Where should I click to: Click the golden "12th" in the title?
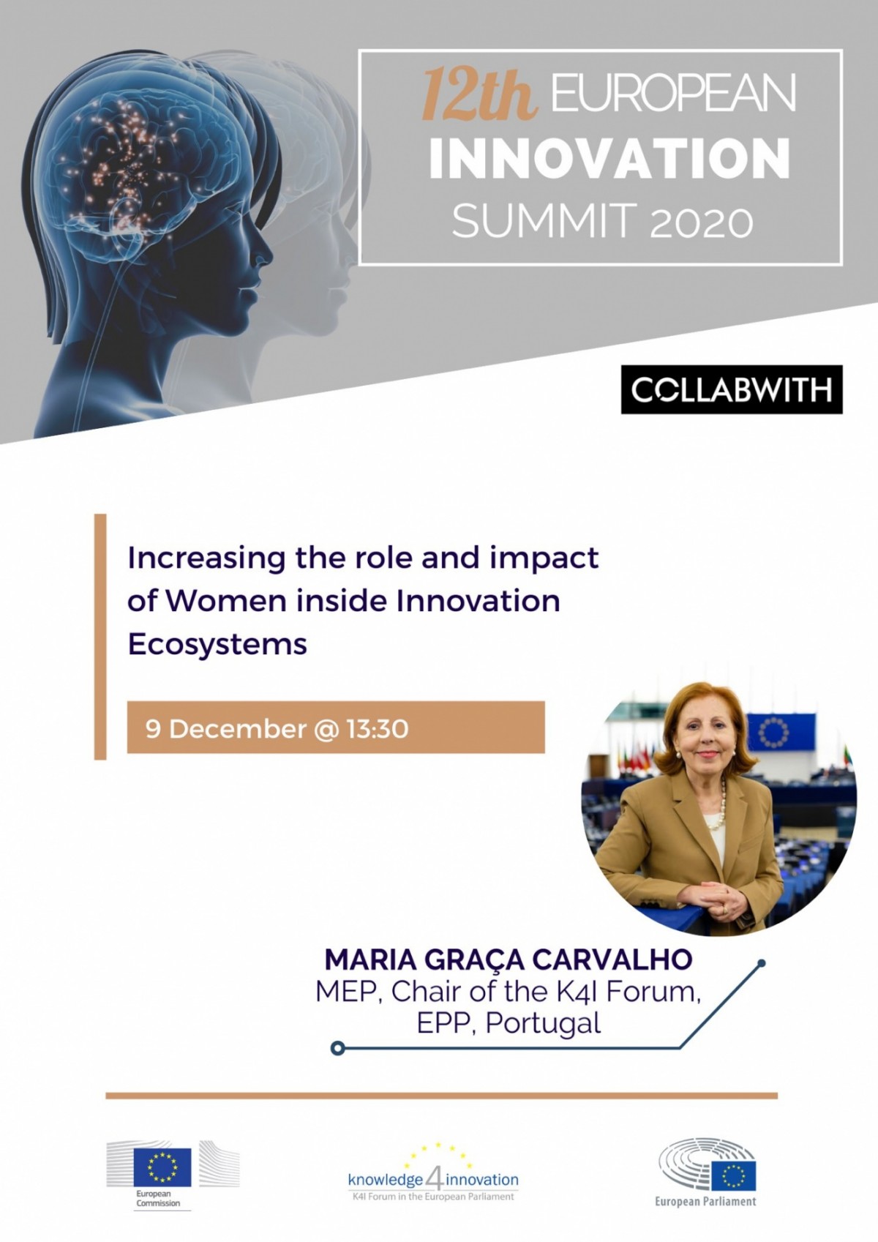point(479,93)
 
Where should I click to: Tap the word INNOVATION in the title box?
point(609,158)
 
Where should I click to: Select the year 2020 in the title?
point(701,221)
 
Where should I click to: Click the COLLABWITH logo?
point(732,389)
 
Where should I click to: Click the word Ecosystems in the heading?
point(217,644)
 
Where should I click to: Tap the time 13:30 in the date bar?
point(378,729)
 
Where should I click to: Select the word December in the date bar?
point(236,729)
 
